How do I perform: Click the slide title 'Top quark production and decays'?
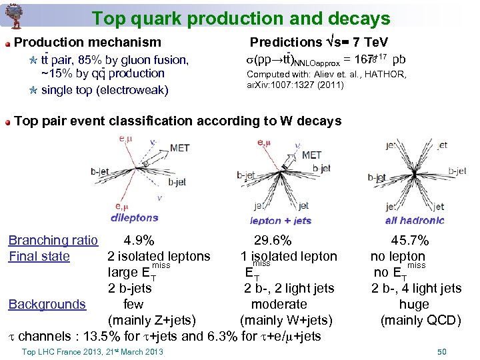tap(241, 18)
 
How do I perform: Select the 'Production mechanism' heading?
tap(87, 43)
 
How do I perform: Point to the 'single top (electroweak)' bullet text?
tap(105, 90)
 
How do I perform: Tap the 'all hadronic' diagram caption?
tap(415, 221)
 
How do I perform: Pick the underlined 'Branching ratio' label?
tap(53, 241)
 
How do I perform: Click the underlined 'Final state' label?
tap(39, 257)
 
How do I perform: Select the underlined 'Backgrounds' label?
tap(47, 305)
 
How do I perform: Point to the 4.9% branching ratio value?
tap(139, 241)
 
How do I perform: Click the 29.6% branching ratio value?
tap(273, 241)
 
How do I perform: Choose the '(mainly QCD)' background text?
tap(420, 321)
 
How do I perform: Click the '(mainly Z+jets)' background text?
tap(156, 321)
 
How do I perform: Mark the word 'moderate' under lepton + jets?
tap(279, 305)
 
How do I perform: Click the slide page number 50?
tap(441, 351)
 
